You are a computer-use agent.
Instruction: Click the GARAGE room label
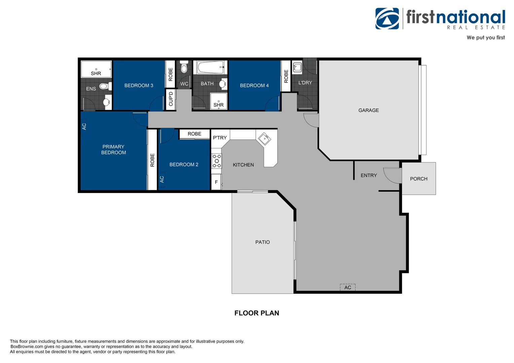368,110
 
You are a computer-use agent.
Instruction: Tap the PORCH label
418,179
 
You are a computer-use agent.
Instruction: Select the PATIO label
262,242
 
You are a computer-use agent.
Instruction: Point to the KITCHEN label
243,165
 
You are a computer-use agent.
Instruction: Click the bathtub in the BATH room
210,67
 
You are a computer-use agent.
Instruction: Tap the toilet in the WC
184,68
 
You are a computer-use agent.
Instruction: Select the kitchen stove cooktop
217,161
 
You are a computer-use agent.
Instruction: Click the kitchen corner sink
264,138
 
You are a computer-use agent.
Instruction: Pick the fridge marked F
216,182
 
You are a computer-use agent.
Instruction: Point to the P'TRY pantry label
220,137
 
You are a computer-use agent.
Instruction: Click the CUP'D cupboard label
171,99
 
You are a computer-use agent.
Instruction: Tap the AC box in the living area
347,287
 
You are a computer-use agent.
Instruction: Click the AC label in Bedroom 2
162,179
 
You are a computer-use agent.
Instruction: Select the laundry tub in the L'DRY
297,67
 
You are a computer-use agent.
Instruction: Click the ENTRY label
369,175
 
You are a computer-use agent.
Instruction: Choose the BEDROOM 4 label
254,85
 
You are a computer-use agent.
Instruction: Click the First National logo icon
387,19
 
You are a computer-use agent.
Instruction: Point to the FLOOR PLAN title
257,313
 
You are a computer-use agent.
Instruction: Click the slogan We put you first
485,38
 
